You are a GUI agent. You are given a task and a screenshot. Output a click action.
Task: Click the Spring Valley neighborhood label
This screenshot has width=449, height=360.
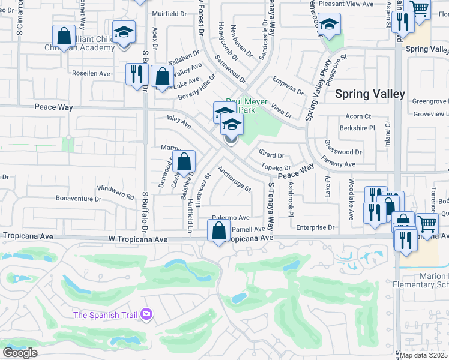[x=370, y=94]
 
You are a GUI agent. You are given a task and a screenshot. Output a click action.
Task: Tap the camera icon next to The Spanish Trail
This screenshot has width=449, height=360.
[x=146, y=314]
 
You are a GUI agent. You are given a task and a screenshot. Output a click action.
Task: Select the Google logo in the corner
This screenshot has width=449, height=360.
[x=20, y=353]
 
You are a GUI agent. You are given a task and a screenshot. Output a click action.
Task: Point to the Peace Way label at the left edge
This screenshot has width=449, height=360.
[x=53, y=107]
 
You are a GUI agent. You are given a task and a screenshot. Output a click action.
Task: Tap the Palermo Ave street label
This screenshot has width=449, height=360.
[x=231, y=218]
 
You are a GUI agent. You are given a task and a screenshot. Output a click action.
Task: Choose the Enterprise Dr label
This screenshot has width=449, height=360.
[x=315, y=227]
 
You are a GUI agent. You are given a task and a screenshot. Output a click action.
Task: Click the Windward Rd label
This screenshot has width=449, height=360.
[x=115, y=192]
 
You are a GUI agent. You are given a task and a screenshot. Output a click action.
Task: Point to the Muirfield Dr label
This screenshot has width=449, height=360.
[x=170, y=13]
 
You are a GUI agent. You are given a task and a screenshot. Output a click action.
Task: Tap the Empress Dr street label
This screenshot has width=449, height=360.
[x=288, y=85]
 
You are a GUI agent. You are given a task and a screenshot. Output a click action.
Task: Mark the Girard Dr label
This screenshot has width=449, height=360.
[x=271, y=155]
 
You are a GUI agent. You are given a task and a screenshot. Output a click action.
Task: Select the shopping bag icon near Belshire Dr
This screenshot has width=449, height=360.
[x=185, y=161]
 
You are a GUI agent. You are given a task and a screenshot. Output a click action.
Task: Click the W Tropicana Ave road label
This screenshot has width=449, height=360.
[x=138, y=239]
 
